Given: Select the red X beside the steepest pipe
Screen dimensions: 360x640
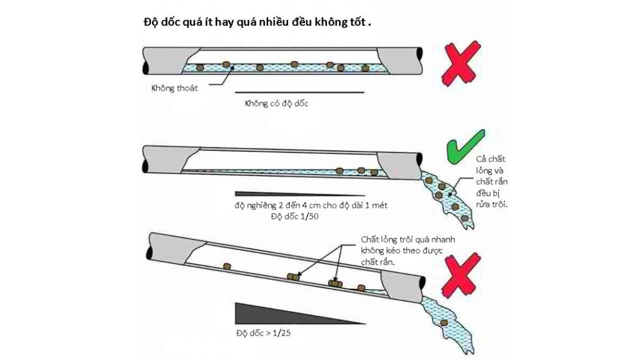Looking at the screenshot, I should pos(462,277).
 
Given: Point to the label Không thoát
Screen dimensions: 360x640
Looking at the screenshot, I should pos(174,88).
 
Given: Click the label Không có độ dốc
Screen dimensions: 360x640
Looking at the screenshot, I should pos(276,103).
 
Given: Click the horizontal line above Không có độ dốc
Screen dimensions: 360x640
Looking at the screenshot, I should pos(299,92).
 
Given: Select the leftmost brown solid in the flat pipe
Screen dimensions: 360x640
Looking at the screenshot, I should pos(201,67).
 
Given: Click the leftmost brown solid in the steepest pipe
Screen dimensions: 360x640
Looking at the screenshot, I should pos(227,266).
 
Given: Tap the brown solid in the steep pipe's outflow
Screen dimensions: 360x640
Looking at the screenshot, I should pos(444,323).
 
